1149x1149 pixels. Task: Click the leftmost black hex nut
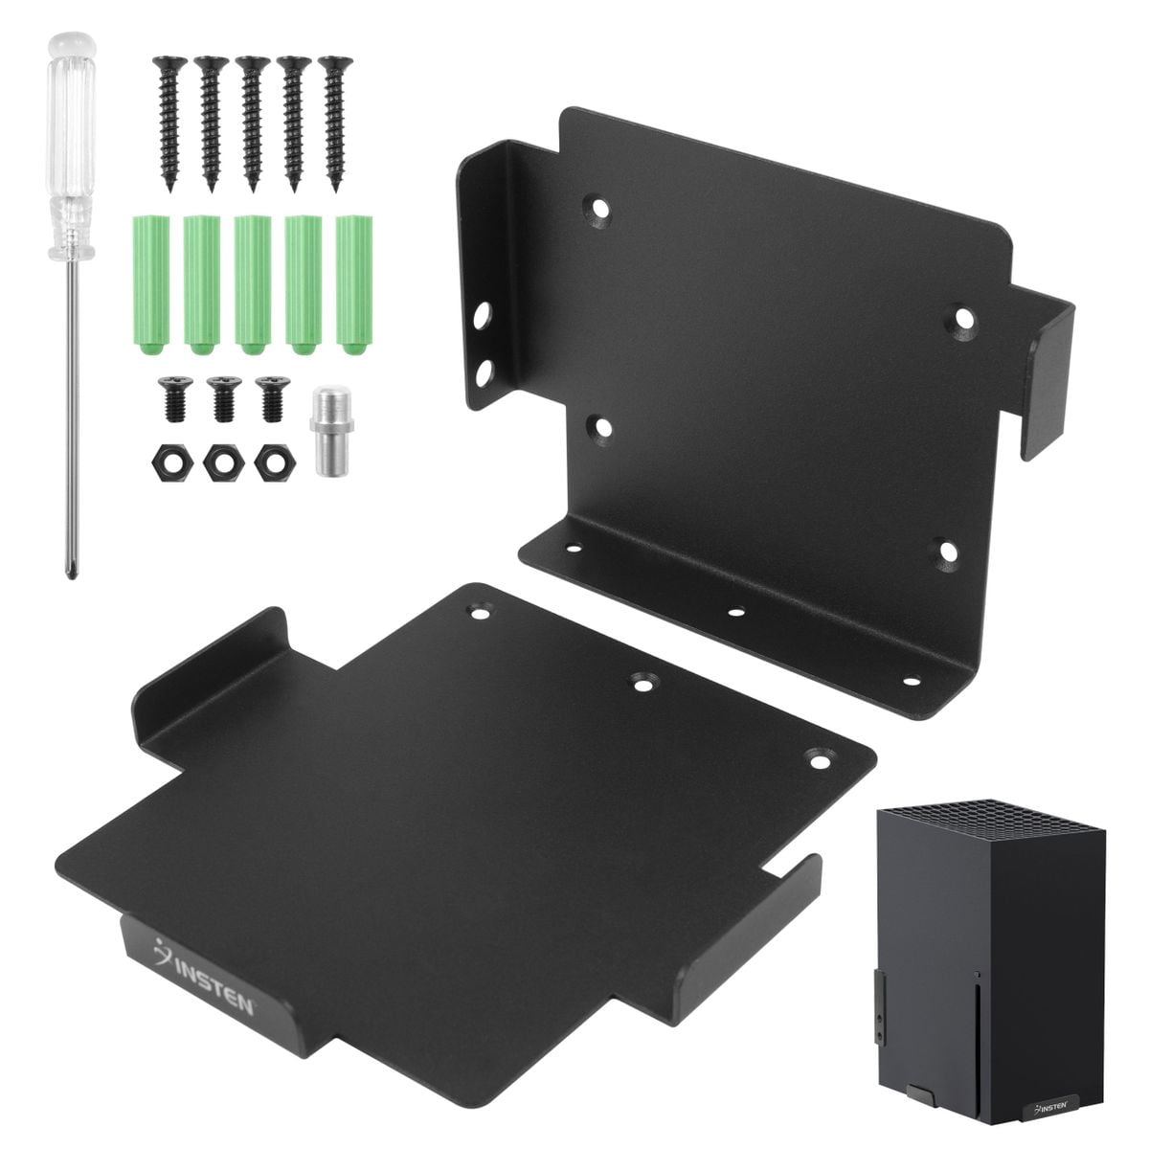coord(172,463)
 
